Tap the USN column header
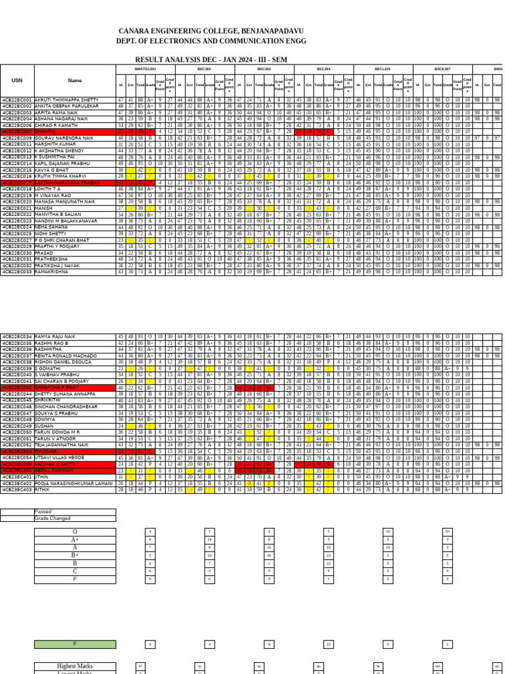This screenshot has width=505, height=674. tap(16, 81)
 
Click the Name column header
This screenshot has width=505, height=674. tap(75, 81)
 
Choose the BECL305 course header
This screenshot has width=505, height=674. tap(383, 68)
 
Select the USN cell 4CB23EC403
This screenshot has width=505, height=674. tap(16, 490)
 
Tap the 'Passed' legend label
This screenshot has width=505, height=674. tap(43, 511)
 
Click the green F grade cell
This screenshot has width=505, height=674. tap(75, 644)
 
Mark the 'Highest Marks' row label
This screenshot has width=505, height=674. tap(74, 666)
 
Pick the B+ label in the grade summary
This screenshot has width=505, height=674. tap(75, 555)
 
